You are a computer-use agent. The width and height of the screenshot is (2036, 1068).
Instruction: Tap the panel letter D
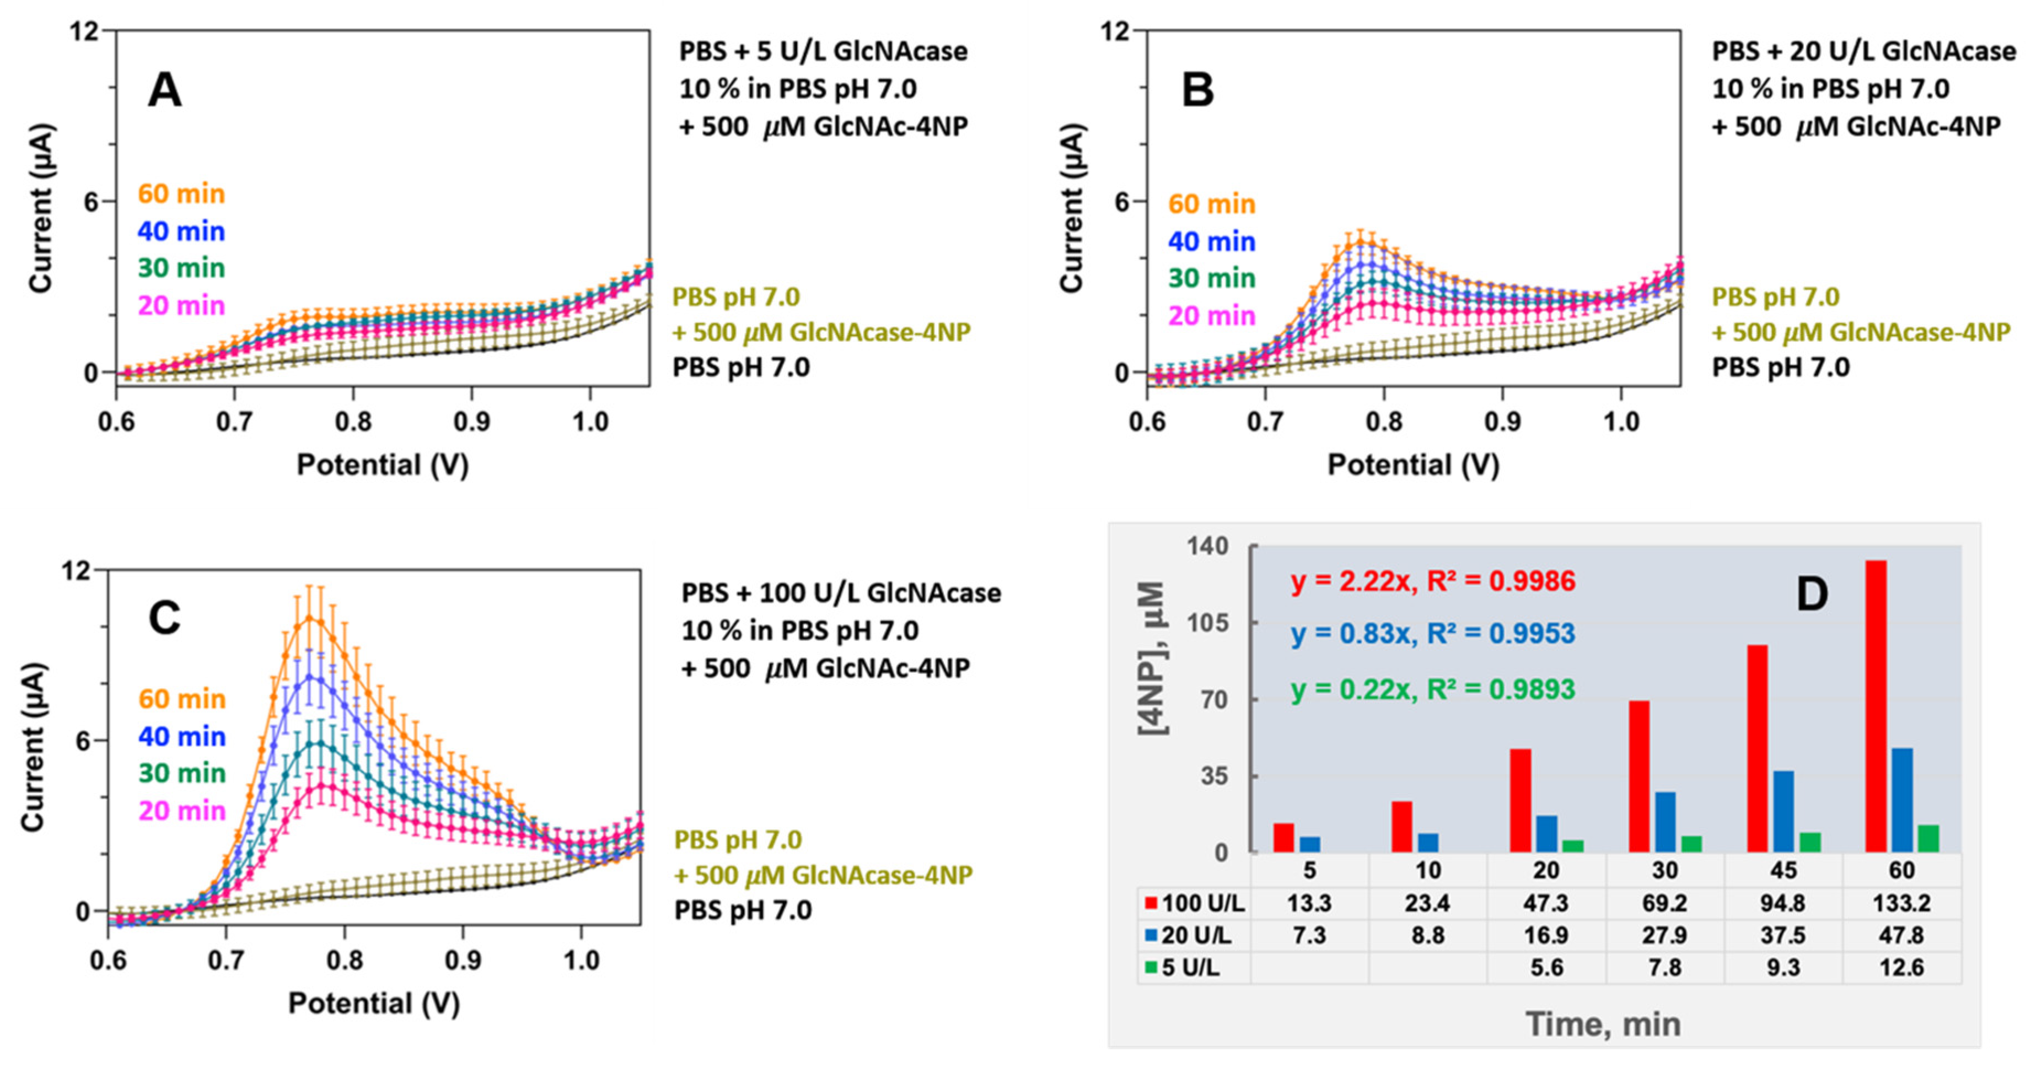(1812, 594)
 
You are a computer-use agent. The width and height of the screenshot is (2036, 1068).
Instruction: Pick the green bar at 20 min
(1573, 846)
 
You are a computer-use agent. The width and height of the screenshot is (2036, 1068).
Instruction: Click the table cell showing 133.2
(1901, 903)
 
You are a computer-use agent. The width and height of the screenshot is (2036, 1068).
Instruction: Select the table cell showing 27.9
(1664, 935)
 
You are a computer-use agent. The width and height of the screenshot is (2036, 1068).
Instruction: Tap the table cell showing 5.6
(1546, 967)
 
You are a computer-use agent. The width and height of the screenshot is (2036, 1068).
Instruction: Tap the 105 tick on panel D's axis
(1208, 623)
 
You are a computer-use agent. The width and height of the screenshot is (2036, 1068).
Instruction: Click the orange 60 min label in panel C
(182, 699)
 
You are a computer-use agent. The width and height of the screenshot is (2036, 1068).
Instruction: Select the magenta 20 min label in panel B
(1212, 316)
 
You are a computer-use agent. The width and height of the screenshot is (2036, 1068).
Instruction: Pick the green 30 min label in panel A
(181, 268)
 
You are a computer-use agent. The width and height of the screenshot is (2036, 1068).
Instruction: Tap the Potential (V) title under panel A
(383, 465)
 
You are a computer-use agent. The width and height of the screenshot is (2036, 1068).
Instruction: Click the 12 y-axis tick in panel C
(76, 570)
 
